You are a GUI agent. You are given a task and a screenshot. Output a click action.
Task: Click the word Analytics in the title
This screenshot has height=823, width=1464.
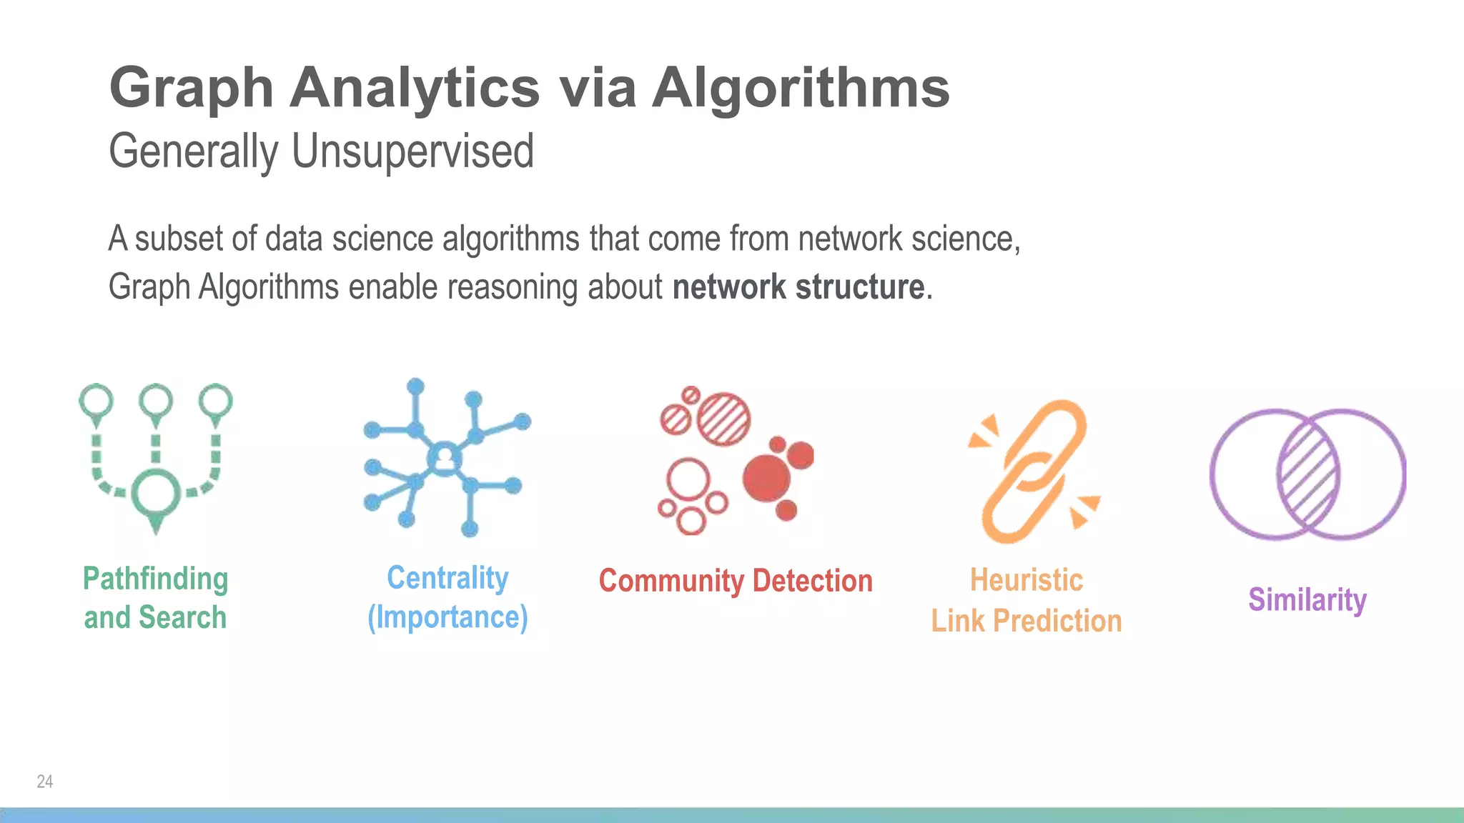pos(415,88)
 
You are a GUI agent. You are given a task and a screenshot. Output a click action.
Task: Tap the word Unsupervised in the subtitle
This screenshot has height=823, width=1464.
pos(412,151)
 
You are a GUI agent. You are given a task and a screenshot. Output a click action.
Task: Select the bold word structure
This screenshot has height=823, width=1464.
pos(860,287)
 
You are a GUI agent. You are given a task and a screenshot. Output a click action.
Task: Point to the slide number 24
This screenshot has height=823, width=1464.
pos(44,782)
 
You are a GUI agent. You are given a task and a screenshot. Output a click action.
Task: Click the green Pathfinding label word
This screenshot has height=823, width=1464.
pos(155,579)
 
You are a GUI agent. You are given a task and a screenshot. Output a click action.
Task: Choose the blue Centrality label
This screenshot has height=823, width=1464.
pos(447,577)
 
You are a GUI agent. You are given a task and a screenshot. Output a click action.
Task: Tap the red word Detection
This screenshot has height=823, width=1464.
pos(813,581)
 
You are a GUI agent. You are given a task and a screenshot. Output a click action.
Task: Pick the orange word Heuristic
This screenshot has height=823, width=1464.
pos(1026,580)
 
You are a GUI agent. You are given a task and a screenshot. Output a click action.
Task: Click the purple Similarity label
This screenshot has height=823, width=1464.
pos(1307,599)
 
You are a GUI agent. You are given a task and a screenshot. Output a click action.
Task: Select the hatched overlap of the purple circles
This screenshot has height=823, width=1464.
pos(1308,474)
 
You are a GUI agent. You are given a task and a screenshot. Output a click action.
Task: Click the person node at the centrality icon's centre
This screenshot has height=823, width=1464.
pos(445,457)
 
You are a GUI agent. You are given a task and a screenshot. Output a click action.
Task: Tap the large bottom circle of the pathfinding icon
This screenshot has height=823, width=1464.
pos(156,492)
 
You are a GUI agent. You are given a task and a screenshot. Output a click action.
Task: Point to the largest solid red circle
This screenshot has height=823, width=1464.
pos(766,477)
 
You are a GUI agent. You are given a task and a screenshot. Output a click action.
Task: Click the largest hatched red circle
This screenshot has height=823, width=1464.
pos(723,418)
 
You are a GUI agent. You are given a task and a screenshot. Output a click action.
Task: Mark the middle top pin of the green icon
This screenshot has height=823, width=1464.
pos(156,401)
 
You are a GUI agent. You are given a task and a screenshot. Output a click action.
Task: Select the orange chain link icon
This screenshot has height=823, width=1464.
pos(1034,471)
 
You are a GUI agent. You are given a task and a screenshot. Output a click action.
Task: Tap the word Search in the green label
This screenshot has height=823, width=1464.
pos(182,617)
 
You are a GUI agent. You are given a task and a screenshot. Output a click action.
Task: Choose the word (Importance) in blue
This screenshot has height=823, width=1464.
pos(447,617)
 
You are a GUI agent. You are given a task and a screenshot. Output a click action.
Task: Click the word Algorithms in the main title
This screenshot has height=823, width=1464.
pos(801,88)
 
